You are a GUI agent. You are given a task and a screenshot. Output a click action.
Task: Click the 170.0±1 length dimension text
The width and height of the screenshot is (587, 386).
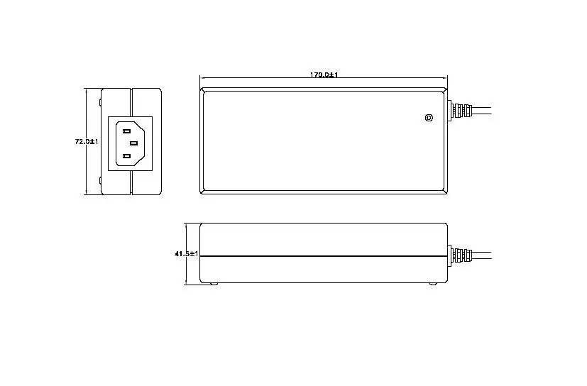323,75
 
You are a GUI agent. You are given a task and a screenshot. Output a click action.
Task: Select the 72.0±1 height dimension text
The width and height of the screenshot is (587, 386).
86,141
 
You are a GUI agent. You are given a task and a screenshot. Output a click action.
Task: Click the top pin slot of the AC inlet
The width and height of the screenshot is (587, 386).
129,129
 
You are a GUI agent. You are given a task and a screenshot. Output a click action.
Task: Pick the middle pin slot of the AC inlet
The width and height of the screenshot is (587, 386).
133,143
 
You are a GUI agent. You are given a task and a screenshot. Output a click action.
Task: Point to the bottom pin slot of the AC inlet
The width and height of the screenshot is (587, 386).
129,155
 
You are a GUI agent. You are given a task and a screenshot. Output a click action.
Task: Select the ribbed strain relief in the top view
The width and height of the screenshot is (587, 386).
461,111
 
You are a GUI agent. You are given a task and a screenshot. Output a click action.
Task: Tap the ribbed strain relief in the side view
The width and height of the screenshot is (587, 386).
461,255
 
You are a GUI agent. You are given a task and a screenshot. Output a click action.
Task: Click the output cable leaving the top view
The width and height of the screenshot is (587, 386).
481,111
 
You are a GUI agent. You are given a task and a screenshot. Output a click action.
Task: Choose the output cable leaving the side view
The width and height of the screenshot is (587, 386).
481,255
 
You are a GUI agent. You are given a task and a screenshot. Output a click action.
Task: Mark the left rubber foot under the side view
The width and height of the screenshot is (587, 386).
213,285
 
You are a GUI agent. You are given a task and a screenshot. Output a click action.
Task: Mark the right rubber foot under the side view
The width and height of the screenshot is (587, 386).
433,285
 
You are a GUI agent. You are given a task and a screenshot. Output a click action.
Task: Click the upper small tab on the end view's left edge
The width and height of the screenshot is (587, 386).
100,104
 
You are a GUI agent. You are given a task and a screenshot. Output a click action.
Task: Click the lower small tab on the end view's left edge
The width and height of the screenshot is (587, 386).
100,181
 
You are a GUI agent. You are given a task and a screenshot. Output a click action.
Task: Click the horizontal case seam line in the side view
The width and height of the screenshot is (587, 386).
323,255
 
